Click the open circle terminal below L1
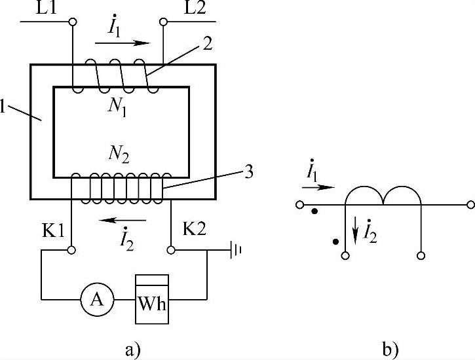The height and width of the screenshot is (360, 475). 73,22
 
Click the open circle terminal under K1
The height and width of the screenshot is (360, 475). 73,250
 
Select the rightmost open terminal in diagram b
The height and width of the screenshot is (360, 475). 469,205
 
